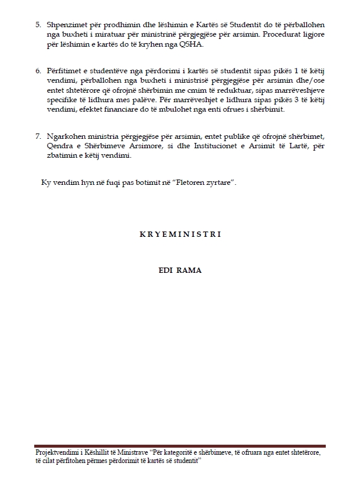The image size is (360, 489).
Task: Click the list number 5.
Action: tap(37, 26)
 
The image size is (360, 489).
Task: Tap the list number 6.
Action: tap(37, 71)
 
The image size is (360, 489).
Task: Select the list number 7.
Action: tap(37, 136)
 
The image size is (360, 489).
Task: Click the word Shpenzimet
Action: tap(65, 26)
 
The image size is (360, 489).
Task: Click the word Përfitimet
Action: tap(64, 71)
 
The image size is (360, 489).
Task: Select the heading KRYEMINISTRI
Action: tap(180, 234)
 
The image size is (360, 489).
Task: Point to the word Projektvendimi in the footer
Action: tap(56, 452)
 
